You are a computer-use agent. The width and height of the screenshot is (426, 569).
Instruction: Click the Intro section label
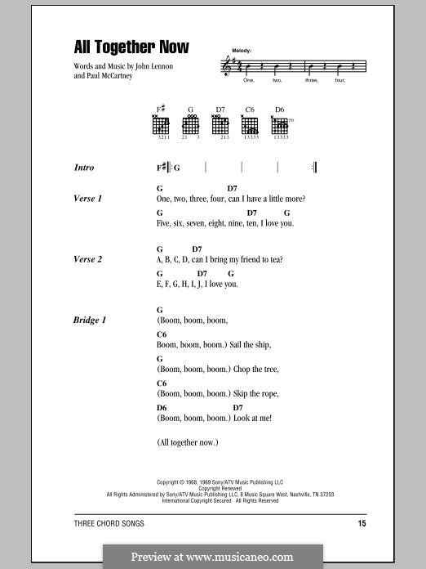tap(84, 168)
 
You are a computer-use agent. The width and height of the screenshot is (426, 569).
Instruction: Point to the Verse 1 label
tap(88, 199)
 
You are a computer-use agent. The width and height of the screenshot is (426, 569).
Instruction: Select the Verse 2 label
tap(88, 259)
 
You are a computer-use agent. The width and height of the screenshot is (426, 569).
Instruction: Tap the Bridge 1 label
tap(90, 320)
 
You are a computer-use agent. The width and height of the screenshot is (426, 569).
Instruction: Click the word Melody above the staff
tap(242, 51)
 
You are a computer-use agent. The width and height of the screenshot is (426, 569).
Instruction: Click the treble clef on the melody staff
tap(228, 67)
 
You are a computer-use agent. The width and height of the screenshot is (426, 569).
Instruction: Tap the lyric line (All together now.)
tap(187, 442)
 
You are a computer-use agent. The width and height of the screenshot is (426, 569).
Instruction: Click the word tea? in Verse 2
tap(273, 260)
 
